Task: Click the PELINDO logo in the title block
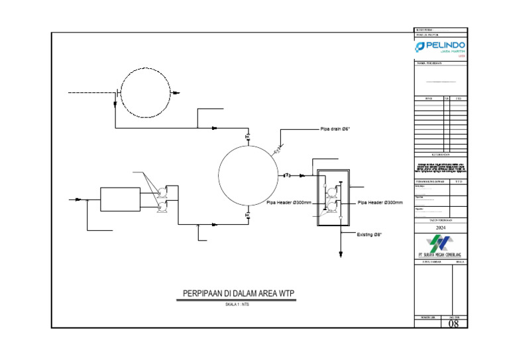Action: coord(439,48)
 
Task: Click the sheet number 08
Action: coord(454,324)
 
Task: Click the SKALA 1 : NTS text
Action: coord(237,305)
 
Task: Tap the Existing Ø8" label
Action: coord(369,235)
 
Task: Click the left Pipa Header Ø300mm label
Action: coord(289,203)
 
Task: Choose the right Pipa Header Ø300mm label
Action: coord(380,203)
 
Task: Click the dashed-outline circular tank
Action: coord(143,92)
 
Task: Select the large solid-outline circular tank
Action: coord(248,176)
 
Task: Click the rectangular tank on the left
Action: coord(120,198)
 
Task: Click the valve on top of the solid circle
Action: coord(248,137)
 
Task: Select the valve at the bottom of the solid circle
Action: coord(248,215)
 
